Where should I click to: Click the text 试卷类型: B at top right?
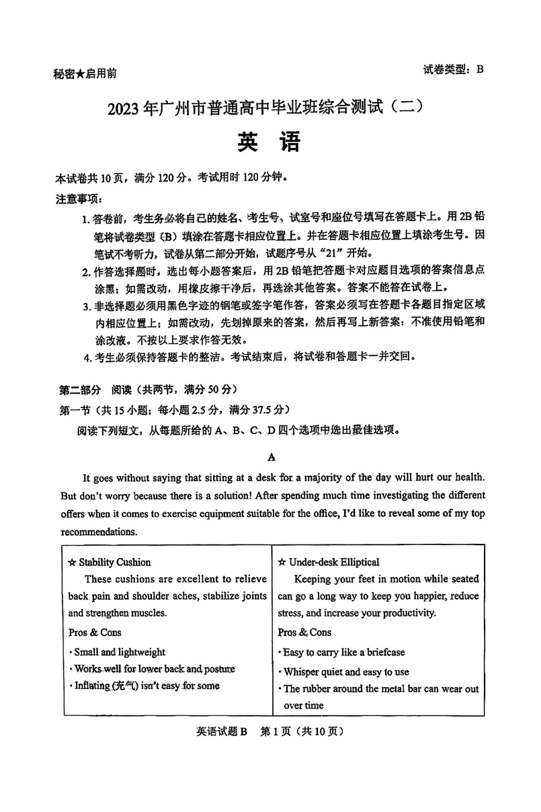tap(454, 69)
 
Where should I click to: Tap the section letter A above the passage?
tap(272, 457)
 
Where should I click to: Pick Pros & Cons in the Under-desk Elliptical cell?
tap(304, 632)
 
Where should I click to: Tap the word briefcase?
tap(383, 652)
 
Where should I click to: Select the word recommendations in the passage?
tap(99, 532)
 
